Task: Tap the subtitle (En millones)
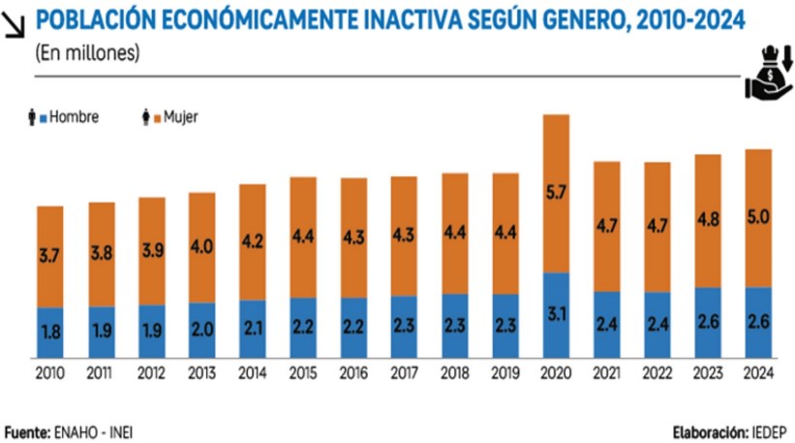(x=87, y=54)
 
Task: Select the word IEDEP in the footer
(x=767, y=431)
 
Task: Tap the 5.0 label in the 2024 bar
(x=758, y=217)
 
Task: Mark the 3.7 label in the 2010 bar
(x=50, y=257)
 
